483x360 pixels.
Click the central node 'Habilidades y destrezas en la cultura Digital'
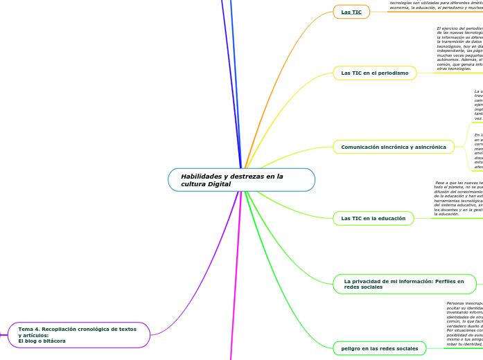(241, 180)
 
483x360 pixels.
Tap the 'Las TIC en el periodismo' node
(375, 73)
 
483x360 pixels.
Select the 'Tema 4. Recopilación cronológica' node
(79, 335)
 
